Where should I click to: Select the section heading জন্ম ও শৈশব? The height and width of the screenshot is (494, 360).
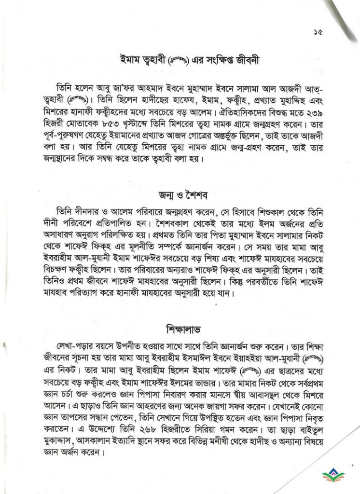click(179, 196)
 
